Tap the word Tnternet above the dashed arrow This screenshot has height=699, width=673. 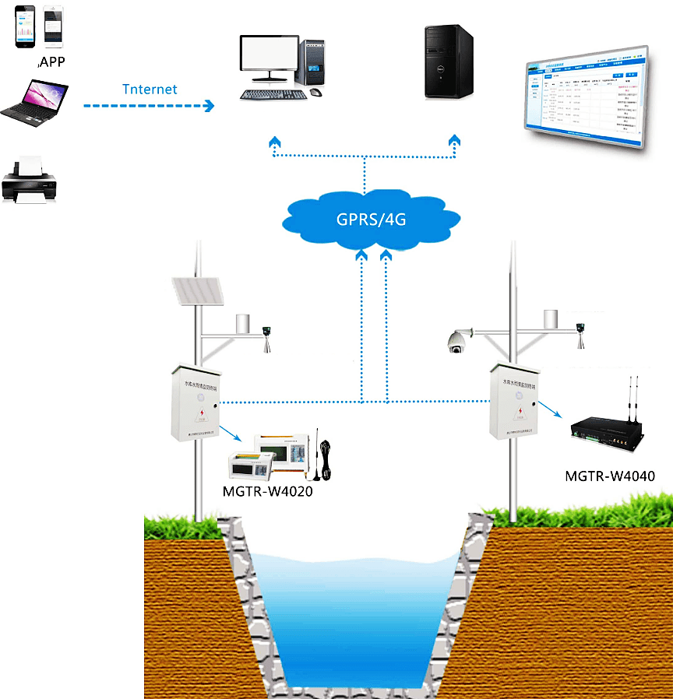click(x=150, y=89)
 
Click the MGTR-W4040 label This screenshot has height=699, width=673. click(x=608, y=476)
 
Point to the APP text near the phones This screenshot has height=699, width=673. click(x=51, y=62)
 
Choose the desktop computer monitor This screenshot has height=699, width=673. click(x=270, y=58)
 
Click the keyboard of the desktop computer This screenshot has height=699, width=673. click(x=272, y=94)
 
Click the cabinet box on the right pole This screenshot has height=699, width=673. click(x=512, y=401)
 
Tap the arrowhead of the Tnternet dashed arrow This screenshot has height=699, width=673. click(x=208, y=106)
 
